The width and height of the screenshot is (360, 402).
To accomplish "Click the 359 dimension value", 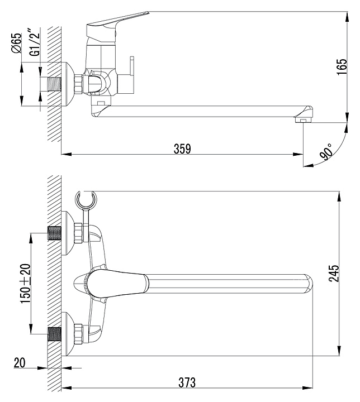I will [182, 149].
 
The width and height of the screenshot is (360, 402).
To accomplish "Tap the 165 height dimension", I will [347, 66].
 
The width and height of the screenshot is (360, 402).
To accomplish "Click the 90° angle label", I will [326, 151].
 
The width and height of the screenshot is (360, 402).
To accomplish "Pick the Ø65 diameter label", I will [16, 43].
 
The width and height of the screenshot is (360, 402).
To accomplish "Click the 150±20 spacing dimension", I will [25, 284].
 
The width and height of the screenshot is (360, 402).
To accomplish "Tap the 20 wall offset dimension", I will [20, 363].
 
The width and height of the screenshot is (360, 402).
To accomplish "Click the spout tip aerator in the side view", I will [302, 118].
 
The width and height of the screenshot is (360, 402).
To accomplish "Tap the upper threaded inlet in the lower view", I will [55, 233].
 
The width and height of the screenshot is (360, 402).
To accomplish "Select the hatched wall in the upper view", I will [53, 128].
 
